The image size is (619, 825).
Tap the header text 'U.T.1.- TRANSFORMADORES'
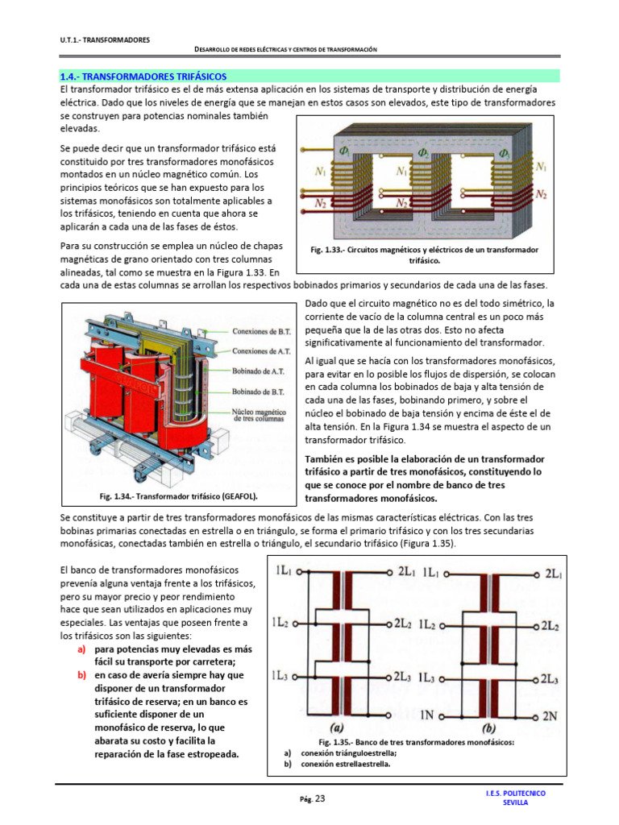[x=105, y=39]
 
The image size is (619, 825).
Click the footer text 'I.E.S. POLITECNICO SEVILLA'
[x=516, y=798]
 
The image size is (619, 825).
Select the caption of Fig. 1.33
[x=424, y=255]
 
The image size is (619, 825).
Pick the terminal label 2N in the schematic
[x=550, y=715]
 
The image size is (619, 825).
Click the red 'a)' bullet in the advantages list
[x=81, y=649]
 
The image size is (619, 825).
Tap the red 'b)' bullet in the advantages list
[x=81, y=675]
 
